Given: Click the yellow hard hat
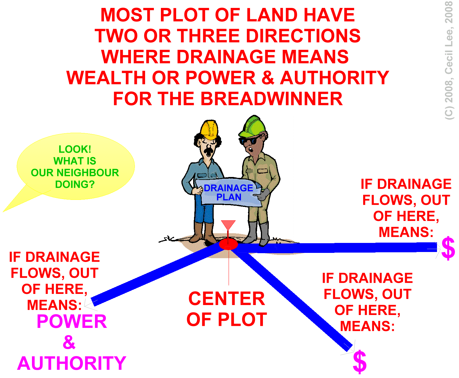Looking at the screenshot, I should pos(209,130).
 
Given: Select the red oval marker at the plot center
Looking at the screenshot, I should pos(228,244).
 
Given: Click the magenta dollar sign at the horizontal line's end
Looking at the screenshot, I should pos(448,248).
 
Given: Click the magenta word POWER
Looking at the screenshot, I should pos(72,321).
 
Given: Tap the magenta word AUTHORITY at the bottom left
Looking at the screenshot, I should pos(72,363).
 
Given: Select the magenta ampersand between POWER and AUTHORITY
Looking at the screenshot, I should pos(69,342).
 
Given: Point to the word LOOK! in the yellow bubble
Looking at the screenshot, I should pos(75,149).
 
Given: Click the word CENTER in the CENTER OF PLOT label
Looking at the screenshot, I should pos(227,299).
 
